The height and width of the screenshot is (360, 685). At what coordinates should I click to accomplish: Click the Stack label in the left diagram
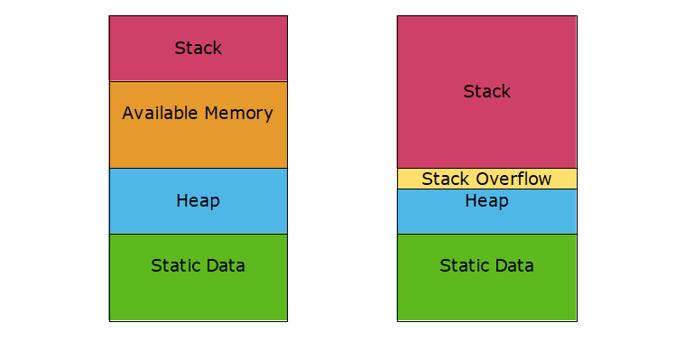pos(198,48)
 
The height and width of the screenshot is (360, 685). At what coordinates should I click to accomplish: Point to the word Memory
pos(237,114)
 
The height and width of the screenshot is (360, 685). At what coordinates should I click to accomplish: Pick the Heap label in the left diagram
pos(198,200)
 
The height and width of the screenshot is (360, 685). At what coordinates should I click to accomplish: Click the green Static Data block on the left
pos(198,293)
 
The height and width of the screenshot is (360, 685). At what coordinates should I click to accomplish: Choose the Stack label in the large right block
pos(486,91)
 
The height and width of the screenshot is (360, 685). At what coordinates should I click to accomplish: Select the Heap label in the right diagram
pos(486,200)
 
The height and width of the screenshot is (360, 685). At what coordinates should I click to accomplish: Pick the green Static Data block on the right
pos(486,293)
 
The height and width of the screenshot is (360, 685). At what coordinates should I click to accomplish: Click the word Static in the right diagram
pos(462,265)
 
